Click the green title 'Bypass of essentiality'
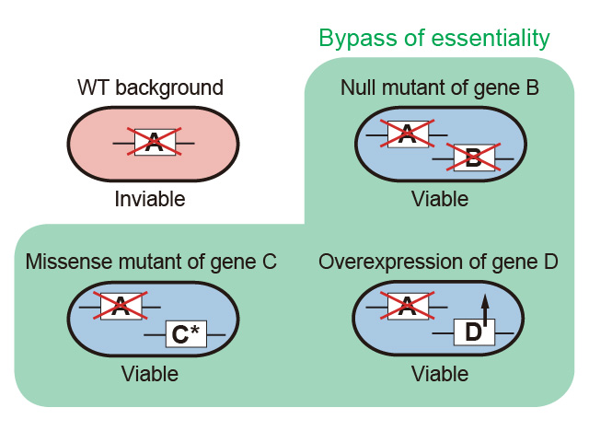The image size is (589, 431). pos(433,39)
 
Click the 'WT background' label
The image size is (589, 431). pos(151,88)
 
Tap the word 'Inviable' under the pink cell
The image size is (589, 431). pos(150,199)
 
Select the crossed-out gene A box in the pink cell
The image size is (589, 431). pos(155,142)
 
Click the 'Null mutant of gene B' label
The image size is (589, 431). pos(439,88)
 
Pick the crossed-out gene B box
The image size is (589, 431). pos(473,158)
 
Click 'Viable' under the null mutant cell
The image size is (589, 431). pos(440,199)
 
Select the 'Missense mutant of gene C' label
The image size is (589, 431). pos(151,262)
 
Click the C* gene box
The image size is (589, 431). pos(186,334)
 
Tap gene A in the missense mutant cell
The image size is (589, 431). pos(120,306)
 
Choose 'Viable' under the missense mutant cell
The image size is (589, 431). pos(150,374)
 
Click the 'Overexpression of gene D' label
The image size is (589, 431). pos(438,262)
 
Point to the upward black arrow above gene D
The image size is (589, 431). pos(485,304)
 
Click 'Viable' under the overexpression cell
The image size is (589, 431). pos(440,374)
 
